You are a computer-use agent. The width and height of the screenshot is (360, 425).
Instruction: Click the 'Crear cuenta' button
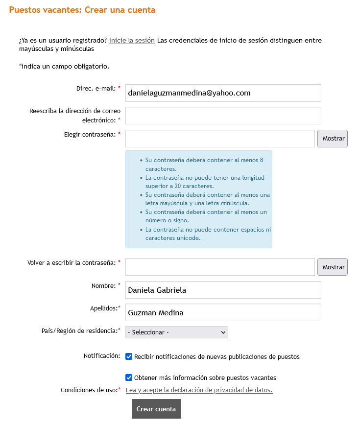pyautogui.click(x=156, y=409)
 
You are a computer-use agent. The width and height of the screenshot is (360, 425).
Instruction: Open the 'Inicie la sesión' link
pyautogui.click(x=132, y=40)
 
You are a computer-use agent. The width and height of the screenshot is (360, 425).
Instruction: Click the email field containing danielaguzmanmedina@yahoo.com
pyautogui.click(x=223, y=93)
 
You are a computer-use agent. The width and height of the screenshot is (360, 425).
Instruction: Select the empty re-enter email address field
pyautogui.click(x=223, y=116)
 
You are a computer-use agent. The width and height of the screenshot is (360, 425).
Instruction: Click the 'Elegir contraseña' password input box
pyautogui.click(x=220, y=139)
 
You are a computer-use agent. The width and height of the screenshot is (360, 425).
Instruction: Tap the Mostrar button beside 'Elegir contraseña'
pyautogui.click(x=333, y=139)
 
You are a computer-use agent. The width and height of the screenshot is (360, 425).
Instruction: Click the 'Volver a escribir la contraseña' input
pyautogui.click(x=220, y=267)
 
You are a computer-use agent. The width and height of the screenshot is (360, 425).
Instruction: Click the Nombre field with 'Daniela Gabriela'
pyautogui.click(x=223, y=290)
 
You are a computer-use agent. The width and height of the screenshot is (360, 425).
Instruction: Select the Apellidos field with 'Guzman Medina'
pyautogui.click(x=223, y=312)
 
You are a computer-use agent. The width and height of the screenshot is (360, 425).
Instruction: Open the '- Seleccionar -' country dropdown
pyautogui.click(x=176, y=332)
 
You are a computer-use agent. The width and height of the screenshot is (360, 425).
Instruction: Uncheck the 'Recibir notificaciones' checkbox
pyautogui.click(x=129, y=356)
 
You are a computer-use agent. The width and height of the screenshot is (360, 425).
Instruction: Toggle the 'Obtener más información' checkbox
pyautogui.click(x=129, y=378)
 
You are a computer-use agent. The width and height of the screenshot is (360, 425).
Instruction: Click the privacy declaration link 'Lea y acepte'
pyautogui.click(x=199, y=390)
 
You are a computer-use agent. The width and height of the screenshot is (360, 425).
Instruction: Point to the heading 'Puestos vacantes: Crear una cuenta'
pyautogui.click(x=82, y=10)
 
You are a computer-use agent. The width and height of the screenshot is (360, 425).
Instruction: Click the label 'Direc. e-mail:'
pyautogui.click(x=96, y=88)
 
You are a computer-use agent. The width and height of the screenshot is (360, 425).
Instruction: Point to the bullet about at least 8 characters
pyautogui.click(x=204, y=164)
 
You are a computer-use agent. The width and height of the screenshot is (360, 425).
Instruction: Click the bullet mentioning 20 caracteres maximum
pyautogui.click(x=204, y=182)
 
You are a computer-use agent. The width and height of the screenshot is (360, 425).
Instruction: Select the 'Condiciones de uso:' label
pyautogui.click(x=89, y=390)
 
